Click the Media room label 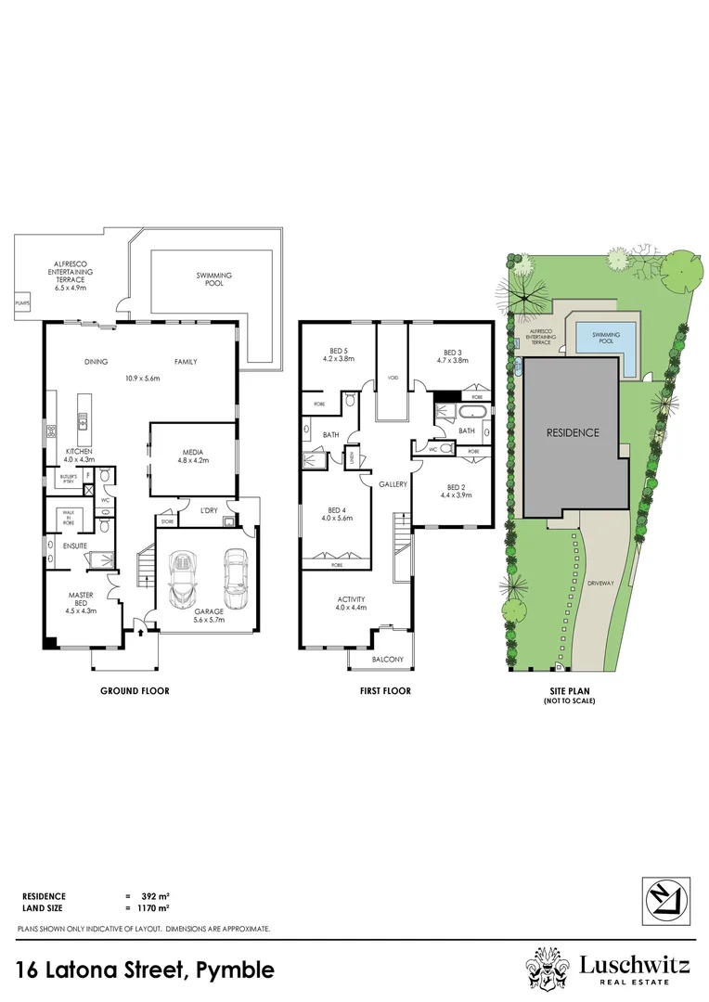pos(192,455)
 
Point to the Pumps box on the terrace pos(22,302)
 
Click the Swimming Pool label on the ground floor pos(213,279)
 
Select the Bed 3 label pos(452,356)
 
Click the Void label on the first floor pos(393,378)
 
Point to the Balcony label pos(388,660)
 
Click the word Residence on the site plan pos(573,432)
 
